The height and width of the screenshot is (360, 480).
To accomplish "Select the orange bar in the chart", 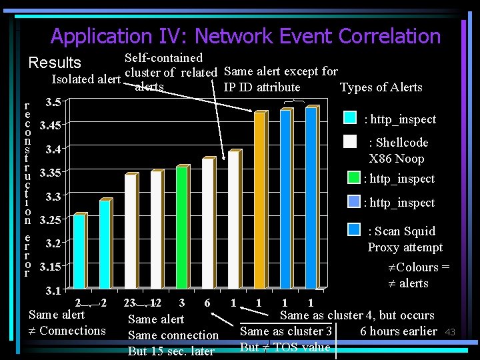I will click(259, 200).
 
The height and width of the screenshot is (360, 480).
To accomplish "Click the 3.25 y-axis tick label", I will click(51, 220).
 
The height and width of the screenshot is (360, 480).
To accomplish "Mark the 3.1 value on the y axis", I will click(53, 291).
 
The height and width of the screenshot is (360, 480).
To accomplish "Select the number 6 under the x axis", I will click(207, 303).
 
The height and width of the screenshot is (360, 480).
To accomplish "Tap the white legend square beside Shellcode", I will click(350, 141).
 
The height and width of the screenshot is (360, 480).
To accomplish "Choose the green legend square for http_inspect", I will click(355, 178).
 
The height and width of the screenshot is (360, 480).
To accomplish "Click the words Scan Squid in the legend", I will click(401, 231).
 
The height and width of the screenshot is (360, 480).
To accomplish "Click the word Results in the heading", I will click(55, 63).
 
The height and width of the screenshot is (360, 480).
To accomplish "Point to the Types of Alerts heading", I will click(381, 87).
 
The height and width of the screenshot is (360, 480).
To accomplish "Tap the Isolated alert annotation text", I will click(86, 79).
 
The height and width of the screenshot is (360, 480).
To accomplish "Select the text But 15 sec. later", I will click(171, 351).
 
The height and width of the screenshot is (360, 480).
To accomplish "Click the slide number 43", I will click(450, 332).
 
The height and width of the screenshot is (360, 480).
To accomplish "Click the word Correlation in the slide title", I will click(389, 36).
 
